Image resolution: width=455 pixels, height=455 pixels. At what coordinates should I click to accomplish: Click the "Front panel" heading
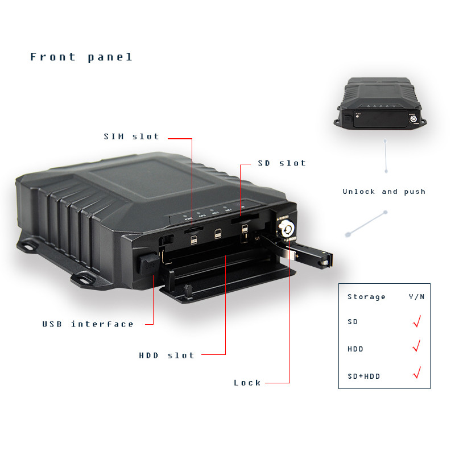point(81,57)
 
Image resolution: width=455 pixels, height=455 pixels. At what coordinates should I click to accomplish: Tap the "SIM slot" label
point(131,136)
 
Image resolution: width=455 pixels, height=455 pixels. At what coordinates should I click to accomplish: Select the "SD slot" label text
point(282,163)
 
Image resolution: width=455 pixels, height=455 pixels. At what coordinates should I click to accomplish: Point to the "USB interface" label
point(88,324)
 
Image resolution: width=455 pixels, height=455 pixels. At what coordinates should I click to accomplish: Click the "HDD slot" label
point(167,355)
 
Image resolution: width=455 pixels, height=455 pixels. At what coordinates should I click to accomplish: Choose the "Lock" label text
point(247,383)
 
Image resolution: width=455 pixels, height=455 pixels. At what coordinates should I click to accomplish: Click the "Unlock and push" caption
point(384,192)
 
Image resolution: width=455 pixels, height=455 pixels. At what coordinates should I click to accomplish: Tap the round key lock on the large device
point(286,229)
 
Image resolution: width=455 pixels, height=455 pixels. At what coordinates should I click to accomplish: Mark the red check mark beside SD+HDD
point(417,374)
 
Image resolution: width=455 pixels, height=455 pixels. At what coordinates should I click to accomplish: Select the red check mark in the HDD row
point(417,346)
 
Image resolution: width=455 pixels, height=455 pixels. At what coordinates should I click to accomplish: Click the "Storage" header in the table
point(366,297)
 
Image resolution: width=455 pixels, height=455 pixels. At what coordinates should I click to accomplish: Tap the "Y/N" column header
point(417,297)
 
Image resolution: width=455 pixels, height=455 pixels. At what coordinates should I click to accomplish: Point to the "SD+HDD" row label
point(363,377)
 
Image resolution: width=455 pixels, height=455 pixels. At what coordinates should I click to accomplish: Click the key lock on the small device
point(413,121)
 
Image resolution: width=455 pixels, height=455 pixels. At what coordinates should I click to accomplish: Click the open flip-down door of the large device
point(227,284)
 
